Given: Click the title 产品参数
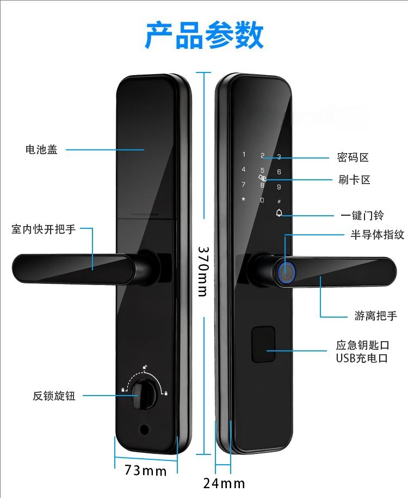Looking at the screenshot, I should click(204, 36).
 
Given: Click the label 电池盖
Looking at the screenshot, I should click(41, 149).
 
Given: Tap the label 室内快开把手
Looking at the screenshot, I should click(44, 229).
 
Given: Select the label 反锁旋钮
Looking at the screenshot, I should click(54, 396).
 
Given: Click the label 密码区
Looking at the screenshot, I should click(353, 157).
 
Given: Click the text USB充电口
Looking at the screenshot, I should click(361, 359).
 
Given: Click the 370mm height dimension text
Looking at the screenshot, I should click(202, 271).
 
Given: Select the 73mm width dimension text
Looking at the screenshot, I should click(145, 470).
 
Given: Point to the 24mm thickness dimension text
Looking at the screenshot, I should click(224, 483).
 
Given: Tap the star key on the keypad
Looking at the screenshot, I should click(243, 199).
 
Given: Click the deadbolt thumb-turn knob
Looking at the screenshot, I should click(145, 390).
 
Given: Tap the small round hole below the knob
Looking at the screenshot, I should click(144, 429).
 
